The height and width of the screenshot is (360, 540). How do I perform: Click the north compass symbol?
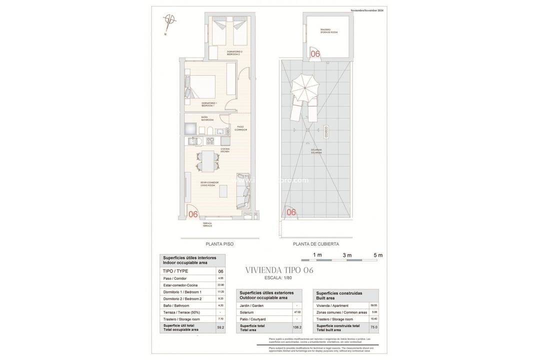(x=170, y=20)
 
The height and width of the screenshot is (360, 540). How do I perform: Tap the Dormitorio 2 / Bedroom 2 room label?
(x=234, y=52)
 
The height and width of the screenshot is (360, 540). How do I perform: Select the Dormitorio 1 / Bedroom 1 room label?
(x=209, y=104)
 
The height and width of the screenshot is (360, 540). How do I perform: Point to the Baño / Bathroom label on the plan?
(x=207, y=118)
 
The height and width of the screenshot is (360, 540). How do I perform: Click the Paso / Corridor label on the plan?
(x=241, y=128)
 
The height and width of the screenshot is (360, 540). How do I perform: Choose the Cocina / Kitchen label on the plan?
(x=225, y=150)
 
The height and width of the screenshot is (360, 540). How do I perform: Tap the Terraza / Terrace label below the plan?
(x=207, y=224)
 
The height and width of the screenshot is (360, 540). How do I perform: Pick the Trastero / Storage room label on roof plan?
(x=329, y=31)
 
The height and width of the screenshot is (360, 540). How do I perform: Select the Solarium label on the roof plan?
(x=316, y=150)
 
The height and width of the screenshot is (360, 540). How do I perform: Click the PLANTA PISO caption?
(x=219, y=244)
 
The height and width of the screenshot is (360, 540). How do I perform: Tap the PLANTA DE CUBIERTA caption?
(x=316, y=244)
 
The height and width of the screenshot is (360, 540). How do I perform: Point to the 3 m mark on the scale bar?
(x=347, y=255)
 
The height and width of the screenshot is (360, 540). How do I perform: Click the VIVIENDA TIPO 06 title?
(x=279, y=270)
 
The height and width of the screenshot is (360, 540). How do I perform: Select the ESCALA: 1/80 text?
(x=278, y=278)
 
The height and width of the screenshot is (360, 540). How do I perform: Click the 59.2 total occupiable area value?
(x=220, y=327)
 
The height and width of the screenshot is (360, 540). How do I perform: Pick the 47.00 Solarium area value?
(x=297, y=312)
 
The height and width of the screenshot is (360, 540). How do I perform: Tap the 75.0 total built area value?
(x=373, y=327)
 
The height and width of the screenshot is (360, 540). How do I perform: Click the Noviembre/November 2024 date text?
(x=367, y=10)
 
